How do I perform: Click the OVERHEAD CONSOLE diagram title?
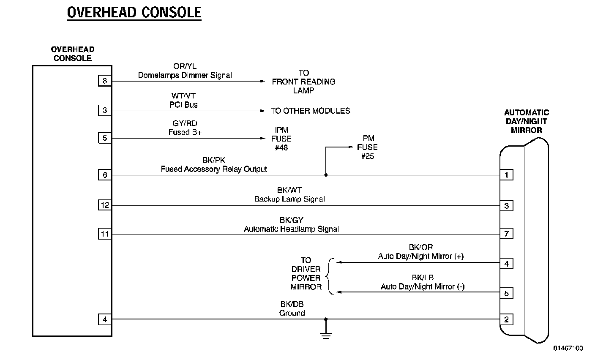tap(134, 12)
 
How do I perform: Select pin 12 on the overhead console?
tap(105, 205)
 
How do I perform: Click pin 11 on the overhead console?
tap(105, 234)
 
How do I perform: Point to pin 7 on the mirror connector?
tap(506, 234)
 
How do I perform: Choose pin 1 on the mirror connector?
tap(506, 175)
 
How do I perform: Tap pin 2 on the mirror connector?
tap(506, 319)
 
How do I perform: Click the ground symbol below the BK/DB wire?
tap(325, 333)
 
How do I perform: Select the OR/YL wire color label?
tap(185, 66)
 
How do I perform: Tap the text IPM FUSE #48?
tap(281, 139)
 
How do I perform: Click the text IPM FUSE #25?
tap(367, 147)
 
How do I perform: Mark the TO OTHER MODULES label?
tap(310, 111)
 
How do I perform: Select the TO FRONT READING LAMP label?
tap(303, 82)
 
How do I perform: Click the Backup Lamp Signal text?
tap(289, 199)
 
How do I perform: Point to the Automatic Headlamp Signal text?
tap(291, 229)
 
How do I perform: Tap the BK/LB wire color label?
tap(423, 278)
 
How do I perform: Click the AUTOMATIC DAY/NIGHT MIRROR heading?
tap(526, 121)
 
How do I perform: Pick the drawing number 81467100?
tap(568, 348)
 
